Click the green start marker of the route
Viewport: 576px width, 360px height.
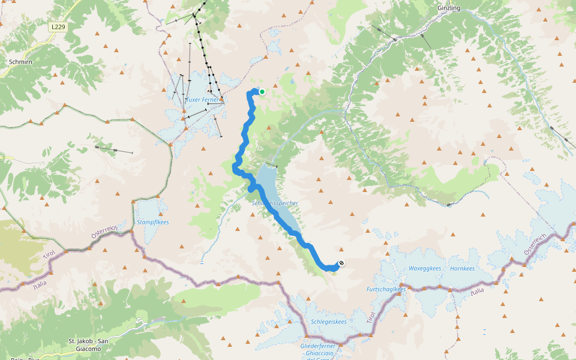click(x=262, y=92)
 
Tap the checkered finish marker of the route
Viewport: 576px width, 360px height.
click(x=341, y=263)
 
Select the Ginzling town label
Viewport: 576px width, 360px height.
click(x=449, y=8)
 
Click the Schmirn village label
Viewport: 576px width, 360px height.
click(x=20, y=61)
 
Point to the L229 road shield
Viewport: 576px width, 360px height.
click(x=57, y=27)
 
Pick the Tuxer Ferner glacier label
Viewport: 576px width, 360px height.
click(x=202, y=100)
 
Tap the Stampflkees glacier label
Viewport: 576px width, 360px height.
click(x=153, y=222)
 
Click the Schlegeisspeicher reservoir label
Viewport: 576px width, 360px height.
click(x=275, y=203)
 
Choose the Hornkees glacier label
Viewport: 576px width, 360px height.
click(x=462, y=268)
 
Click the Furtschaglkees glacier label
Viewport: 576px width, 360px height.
click(x=386, y=289)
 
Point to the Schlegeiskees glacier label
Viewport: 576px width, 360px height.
click(x=329, y=322)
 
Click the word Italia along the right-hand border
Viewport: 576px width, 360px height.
click(x=477, y=291)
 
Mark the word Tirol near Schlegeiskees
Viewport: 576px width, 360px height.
click(x=370, y=316)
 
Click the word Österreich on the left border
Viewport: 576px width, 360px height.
click(x=103, y=233)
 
